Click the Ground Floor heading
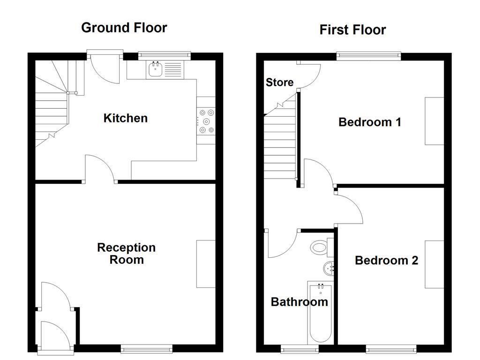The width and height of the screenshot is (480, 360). pos(124,28)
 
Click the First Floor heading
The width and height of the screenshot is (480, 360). pos(352,30)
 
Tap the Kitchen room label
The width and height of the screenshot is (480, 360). pos(126,118)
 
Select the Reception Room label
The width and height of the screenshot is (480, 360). pos(127,254)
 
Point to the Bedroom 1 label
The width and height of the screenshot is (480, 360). pos(370,122)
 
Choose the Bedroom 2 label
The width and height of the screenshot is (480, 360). pos(386,261)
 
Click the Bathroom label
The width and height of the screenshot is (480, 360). pos(300,302)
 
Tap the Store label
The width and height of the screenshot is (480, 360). pos(279,82)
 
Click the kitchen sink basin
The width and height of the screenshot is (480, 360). pos(156,69)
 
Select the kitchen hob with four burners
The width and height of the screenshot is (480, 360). pos(206,121)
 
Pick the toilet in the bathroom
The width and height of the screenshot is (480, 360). pos(322,247)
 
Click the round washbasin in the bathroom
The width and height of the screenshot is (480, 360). pos(329,269)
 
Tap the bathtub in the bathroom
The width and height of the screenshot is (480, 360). pos(320,314)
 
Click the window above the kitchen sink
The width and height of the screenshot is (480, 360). pos(165,55)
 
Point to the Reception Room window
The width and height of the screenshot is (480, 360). pos(147,348)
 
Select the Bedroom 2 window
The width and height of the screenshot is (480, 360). pos(391,348)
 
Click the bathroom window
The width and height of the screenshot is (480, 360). pos(300,348)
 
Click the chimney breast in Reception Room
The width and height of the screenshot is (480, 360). pos(206,264)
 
